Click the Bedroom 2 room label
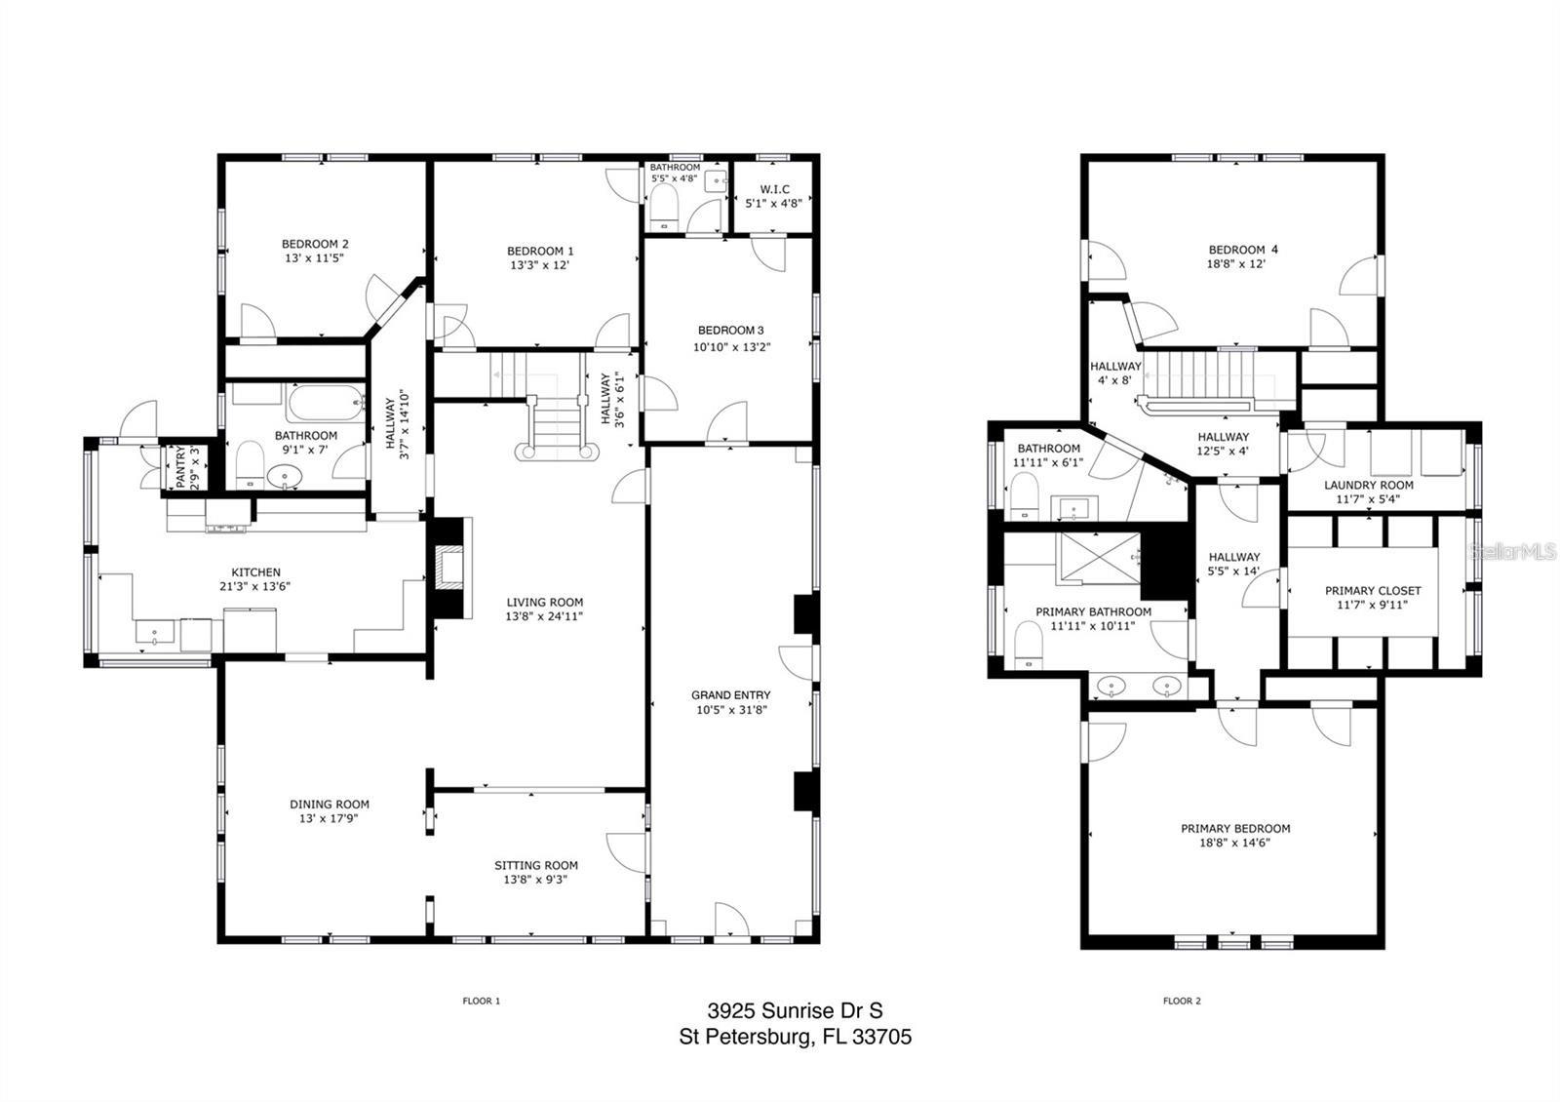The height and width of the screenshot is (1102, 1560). [x=315, y=244]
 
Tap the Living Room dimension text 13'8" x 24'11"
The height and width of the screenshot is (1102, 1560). [x=544, y=616]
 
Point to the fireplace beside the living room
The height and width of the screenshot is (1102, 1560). [x=450, y=567]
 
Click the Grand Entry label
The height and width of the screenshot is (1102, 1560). [x=730, y=695]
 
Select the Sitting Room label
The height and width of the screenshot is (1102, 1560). [x=535, y=865]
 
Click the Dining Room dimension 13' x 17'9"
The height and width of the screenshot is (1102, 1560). [x=329, y=819]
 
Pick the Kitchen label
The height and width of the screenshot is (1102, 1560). [x=255, y=572]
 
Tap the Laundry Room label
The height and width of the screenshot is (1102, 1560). [x=1368, y=485]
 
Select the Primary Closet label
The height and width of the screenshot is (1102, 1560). [x=1372, y=591]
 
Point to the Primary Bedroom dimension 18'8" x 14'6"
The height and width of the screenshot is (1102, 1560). [x=1234, y=843]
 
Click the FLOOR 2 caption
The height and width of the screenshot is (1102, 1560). [x=1182, y=1001]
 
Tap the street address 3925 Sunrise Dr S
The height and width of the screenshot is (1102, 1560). [x=795, y=1011]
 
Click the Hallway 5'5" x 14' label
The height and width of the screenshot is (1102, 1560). [x=1233, y=558]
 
